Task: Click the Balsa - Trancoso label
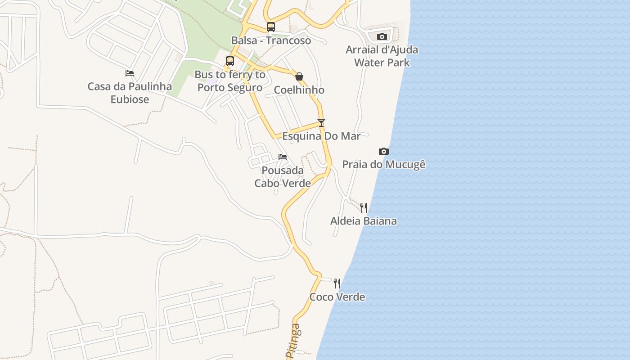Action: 271,40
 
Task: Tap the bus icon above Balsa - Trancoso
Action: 270,27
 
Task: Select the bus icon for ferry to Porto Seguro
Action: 230,61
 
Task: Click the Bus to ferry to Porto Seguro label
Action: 230,81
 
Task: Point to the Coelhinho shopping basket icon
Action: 299,76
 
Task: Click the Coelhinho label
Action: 299,90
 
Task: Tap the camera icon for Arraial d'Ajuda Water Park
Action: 382,36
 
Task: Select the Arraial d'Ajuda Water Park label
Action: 382,56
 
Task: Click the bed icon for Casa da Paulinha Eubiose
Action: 130,73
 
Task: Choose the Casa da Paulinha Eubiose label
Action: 130,93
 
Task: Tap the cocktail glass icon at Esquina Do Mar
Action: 321,122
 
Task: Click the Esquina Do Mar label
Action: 321,136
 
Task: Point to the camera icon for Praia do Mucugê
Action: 383,151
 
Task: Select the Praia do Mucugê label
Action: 384,165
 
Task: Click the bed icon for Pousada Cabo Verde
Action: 283,157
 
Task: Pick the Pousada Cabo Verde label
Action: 283,177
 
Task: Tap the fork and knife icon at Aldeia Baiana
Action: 364,207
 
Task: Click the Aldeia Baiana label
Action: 364,221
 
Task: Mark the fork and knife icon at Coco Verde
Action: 337,283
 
